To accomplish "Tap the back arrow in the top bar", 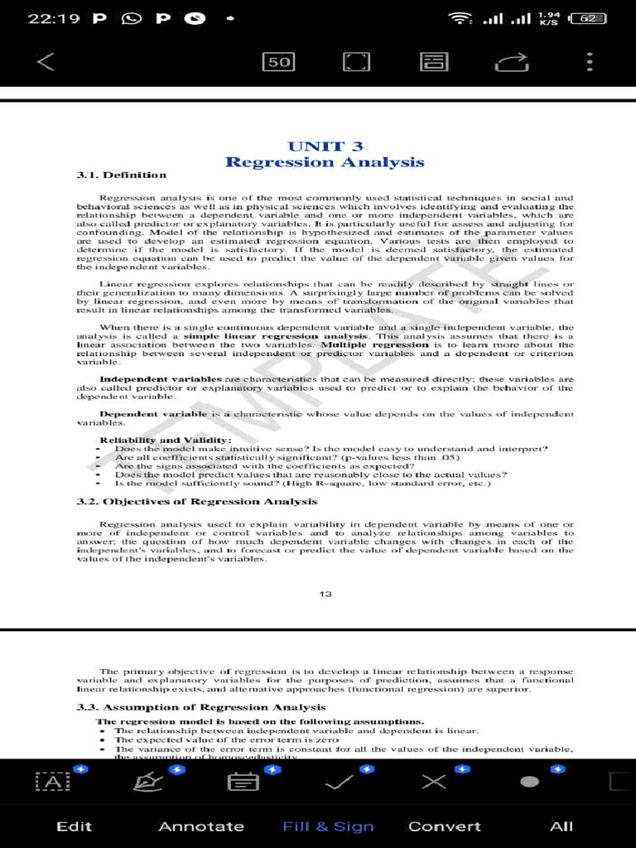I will [x=46, y=61].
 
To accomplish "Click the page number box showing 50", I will [x=278, y=62].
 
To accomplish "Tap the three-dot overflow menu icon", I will [x=589, y=62].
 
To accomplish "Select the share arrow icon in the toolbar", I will [x=512, y=62].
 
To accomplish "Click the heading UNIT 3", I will [x=325, y=147].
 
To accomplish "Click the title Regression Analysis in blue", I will [x=325, y=162].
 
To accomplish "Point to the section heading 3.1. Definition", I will [x=122, y=175].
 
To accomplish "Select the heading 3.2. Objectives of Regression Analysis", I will [x=197, y=502].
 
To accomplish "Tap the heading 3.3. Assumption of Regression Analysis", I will [x=201, y=707].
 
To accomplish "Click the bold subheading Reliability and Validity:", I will [x=166, y=440].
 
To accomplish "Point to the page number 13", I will [x=325, y=594].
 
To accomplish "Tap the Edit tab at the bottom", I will [x=74, y=826].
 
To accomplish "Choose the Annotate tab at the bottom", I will [x=201, y=826].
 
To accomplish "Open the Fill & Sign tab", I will [x=328, y=826].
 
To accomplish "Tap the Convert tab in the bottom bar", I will [x=445, y=826].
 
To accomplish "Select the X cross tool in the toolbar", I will [x=433, y=782].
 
